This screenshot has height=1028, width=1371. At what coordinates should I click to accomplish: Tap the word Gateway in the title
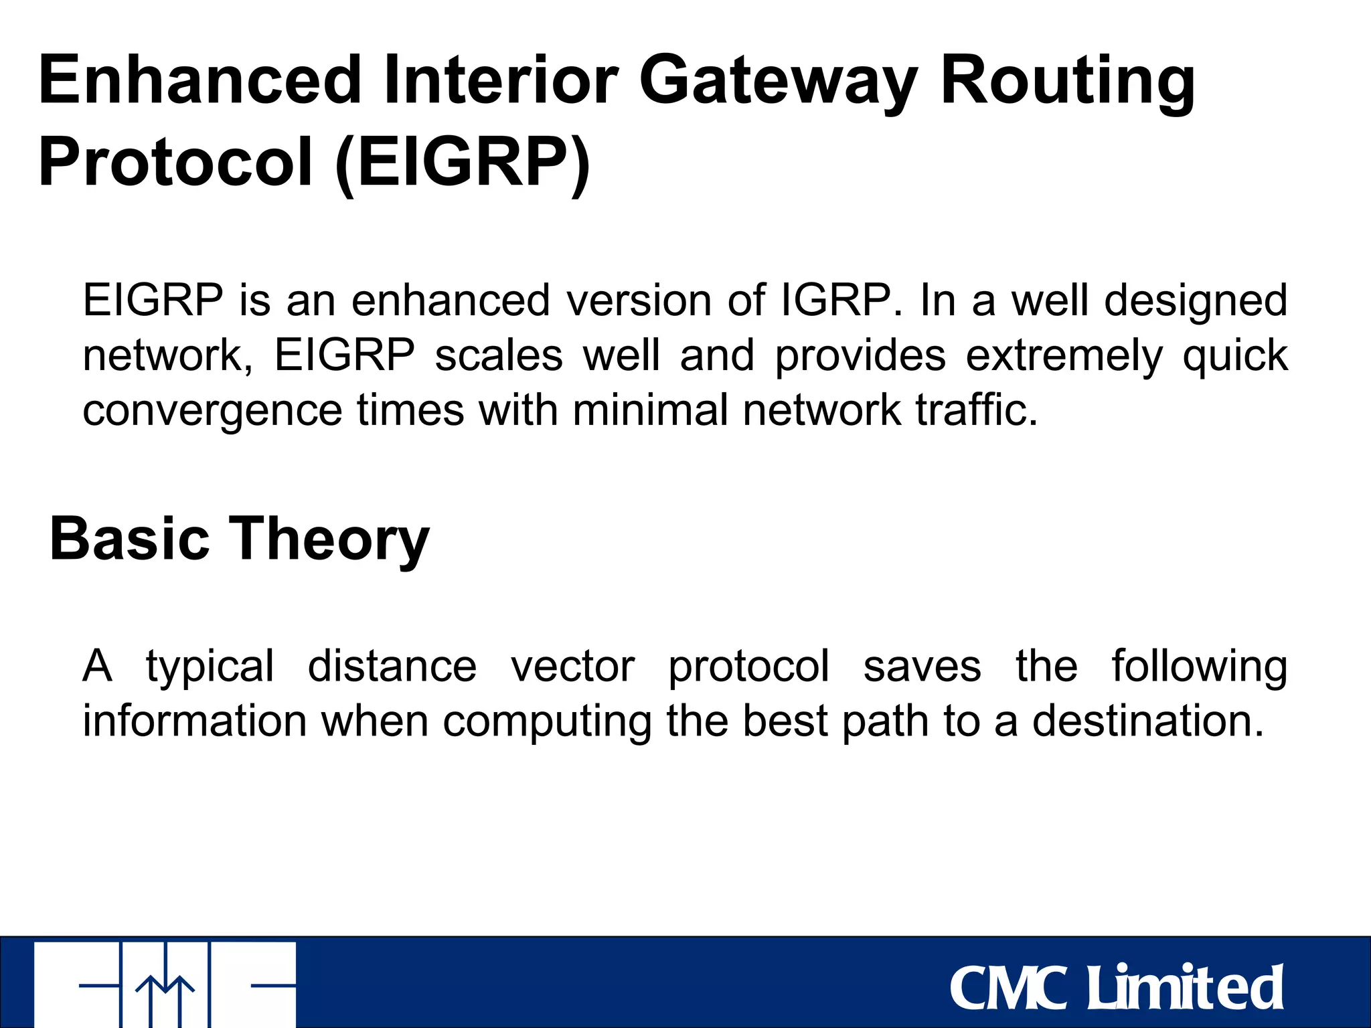[778, 82]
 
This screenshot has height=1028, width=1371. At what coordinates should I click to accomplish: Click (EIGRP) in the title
[463, 163]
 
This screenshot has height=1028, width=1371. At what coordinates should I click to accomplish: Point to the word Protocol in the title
[175, 163]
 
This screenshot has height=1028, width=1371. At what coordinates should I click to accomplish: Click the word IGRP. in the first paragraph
[841, 300]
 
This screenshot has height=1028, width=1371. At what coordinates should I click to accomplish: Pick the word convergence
[212, 411]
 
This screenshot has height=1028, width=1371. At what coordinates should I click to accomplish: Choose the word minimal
[650, 410]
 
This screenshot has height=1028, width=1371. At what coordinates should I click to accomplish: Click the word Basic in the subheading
[130, 539]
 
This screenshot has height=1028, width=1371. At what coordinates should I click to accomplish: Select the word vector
[572, 667]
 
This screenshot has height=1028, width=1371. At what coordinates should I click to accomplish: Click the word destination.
[1148, 721]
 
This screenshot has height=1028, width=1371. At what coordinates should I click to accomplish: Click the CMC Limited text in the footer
[1116, 988]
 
